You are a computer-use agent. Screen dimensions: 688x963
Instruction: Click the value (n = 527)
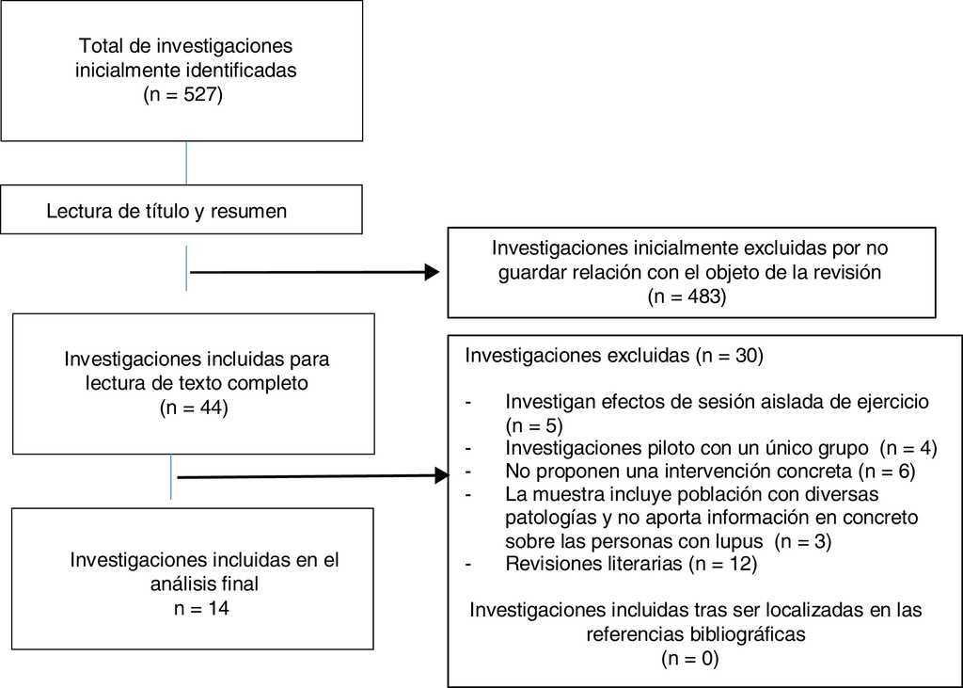tap(182, 94)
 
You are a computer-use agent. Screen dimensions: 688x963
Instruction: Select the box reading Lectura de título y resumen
tap(181, 209)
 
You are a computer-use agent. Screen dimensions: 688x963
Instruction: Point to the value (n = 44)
tap(194, 408)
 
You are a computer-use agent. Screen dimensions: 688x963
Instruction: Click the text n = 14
tap(202, 608)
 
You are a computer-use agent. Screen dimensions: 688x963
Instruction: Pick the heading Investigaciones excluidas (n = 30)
tap(614, 357)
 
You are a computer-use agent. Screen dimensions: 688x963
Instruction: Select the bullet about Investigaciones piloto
tap(719, 446)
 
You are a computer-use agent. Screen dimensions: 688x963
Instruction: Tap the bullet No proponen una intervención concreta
tap(710, 470)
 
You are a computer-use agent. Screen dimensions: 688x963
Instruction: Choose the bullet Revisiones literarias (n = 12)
tap(630, 565)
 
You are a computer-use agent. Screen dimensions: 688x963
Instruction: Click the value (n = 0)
tap(690, 658)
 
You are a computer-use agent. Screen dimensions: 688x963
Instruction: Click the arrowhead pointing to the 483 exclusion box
tap(433, 272)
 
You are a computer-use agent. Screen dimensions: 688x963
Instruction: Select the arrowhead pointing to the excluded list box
tap(443, 476)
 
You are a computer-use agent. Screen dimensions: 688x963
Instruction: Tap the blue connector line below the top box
tap(186, 163)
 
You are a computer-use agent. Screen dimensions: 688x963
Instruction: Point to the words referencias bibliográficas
tap(696, 633)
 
